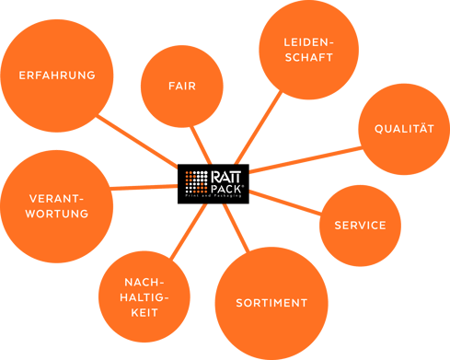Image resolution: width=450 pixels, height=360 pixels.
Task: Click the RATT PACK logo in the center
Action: [x=213, y=182]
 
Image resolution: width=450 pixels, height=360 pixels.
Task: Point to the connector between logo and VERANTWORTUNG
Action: [x=147, y=187]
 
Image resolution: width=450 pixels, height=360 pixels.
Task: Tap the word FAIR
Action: [x=182, y=86]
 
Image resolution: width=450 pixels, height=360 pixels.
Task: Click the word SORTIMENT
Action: [x=271, y=303]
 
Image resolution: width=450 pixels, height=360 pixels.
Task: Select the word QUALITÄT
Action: [x=403, y=129]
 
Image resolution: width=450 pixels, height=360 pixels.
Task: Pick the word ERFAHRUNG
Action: [x=58, y=75]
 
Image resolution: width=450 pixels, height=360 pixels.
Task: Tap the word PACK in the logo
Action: [x=226, y=186]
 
